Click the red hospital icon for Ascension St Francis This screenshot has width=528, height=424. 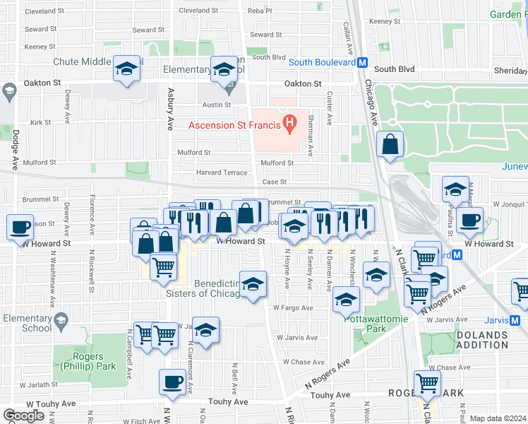(289, 126)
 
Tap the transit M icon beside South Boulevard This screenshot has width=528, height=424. (362, 62)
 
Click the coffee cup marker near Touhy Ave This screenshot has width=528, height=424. (172, 382)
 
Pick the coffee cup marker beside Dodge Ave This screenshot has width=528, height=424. (20, 228)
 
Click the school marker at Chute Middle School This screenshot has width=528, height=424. (126, 69)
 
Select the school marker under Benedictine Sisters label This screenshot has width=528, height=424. (253, 284)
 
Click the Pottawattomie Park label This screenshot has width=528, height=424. (364, 324)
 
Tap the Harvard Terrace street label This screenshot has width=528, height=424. (222, 172)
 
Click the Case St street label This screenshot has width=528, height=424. (274, 182)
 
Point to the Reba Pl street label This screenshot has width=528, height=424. (260, 11)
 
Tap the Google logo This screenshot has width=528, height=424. (25, 416)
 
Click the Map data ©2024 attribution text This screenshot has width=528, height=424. (498, 418)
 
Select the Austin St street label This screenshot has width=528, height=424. (217, 105)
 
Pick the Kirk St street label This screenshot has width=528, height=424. (40, 122)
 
